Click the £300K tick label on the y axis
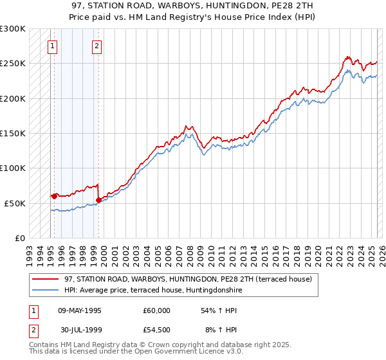[13, 30]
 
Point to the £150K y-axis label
[13, 134]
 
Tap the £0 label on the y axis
[19, 238]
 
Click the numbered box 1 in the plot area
[51, 46]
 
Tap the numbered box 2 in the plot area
[96, 46]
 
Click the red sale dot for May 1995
[55, 196]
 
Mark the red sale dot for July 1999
[98, 200]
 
